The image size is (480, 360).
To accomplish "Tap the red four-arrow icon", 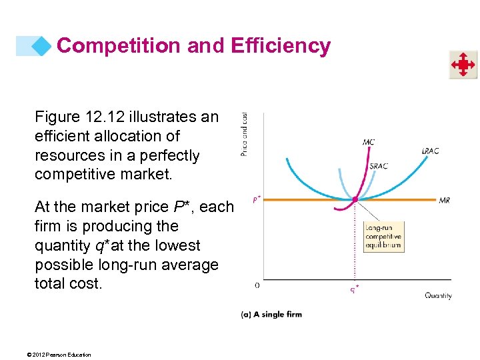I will pos(462,65).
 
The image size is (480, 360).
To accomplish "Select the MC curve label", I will pos(369,142).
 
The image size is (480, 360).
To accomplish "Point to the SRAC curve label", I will pos(378,166).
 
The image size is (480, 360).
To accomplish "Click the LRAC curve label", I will pos(430,151).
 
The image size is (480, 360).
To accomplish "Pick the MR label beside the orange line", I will pos(444,200).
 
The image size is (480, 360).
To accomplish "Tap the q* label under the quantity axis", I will pos(355,289).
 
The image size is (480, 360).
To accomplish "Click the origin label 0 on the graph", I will pos(257,285).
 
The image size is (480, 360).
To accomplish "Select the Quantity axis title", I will pos(438,295).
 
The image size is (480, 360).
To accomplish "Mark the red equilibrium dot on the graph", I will pos(355,199).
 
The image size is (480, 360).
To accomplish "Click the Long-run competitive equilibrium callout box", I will pos(383,237).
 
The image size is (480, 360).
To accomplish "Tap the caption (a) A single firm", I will pos(271,314).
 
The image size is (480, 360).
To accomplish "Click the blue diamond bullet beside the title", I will pos(41,45).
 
